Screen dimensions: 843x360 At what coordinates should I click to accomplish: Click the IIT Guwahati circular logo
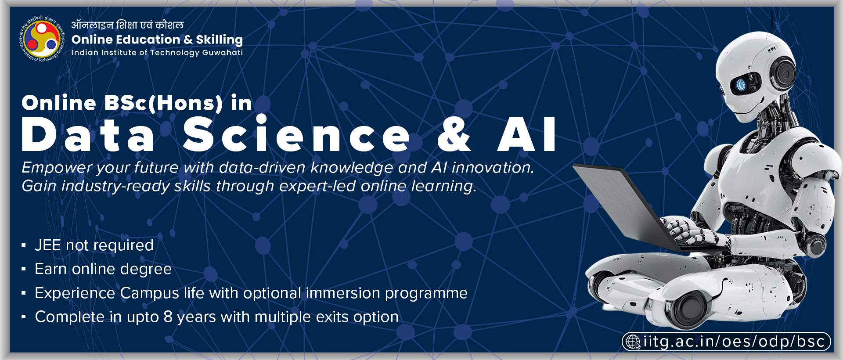tap(42, 39)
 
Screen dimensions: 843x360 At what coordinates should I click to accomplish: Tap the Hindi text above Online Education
tap(127, 25)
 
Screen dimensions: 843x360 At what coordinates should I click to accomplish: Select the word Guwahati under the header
tap(222, 53)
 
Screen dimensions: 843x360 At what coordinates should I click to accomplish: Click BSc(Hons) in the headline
tap(163, 103)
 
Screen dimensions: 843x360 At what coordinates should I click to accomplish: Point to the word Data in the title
tap(87, 135)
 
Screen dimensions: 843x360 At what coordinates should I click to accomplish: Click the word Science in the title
tap(296, 134)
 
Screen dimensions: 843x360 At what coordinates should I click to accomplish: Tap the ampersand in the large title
tap(454, 134)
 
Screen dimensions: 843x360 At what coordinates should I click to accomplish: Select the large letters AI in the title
tap(527, 135)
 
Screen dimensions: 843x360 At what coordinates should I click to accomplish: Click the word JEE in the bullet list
tap(48, 245)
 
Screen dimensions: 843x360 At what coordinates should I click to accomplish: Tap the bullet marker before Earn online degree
tap(24, 269)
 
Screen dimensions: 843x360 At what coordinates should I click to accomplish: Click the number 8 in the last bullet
tap(168, 317)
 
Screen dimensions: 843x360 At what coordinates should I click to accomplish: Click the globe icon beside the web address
tap(633, 342)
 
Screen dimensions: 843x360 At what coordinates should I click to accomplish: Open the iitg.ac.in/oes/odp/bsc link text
tap(734, 342)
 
